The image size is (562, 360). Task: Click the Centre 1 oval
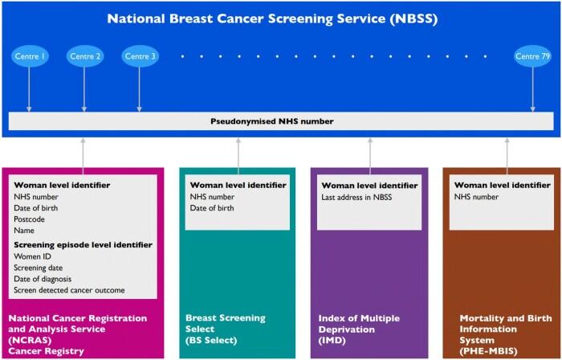(30, 56)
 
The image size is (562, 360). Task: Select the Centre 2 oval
(85, 56)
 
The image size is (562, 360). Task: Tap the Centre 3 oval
(140, 56)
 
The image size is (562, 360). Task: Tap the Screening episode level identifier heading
(74, 244)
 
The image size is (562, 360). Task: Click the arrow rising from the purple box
(370, 153)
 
